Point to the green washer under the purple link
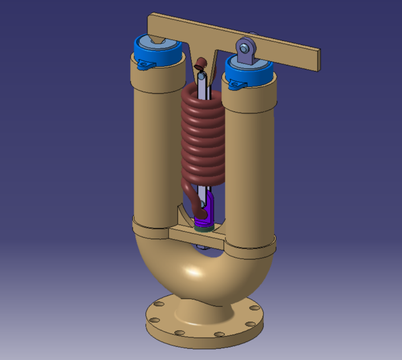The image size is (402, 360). click(202, 228)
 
